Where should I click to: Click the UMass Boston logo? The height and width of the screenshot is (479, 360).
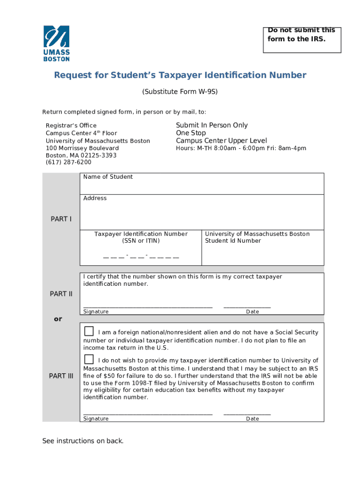click(x=57, y=44)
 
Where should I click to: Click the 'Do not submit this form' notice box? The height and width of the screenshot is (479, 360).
click(x=302, y=39)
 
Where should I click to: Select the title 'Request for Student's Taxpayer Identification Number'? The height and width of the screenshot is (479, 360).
click(x=180, y=75)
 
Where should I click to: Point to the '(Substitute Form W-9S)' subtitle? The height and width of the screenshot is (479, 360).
click(x=180, y=92)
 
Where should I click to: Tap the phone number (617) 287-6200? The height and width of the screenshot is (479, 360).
click(x=69, y=162)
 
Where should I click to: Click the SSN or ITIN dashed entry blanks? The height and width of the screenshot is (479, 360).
click(x=141, y=256)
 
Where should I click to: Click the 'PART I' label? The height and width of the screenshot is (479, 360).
click(x=61, y=219)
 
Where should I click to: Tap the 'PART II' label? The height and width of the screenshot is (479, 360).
click(x=61, y=294)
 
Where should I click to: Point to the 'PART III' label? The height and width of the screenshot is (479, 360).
click(x=61, y=376)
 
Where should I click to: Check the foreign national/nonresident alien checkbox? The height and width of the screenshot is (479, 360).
click(x=89, y=332)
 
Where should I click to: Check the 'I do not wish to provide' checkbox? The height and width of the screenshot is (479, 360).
click(x=89, y=359)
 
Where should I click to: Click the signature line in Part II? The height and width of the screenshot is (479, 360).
click(x=148, y=306)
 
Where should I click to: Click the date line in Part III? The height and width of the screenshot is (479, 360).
click(x=247, y=414)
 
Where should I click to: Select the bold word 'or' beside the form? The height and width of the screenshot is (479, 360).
click(x=58, y=319)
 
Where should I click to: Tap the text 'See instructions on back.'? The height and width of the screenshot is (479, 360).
click(x=83, y=441)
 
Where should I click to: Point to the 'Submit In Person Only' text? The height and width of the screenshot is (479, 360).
click(x=212, y=125)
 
